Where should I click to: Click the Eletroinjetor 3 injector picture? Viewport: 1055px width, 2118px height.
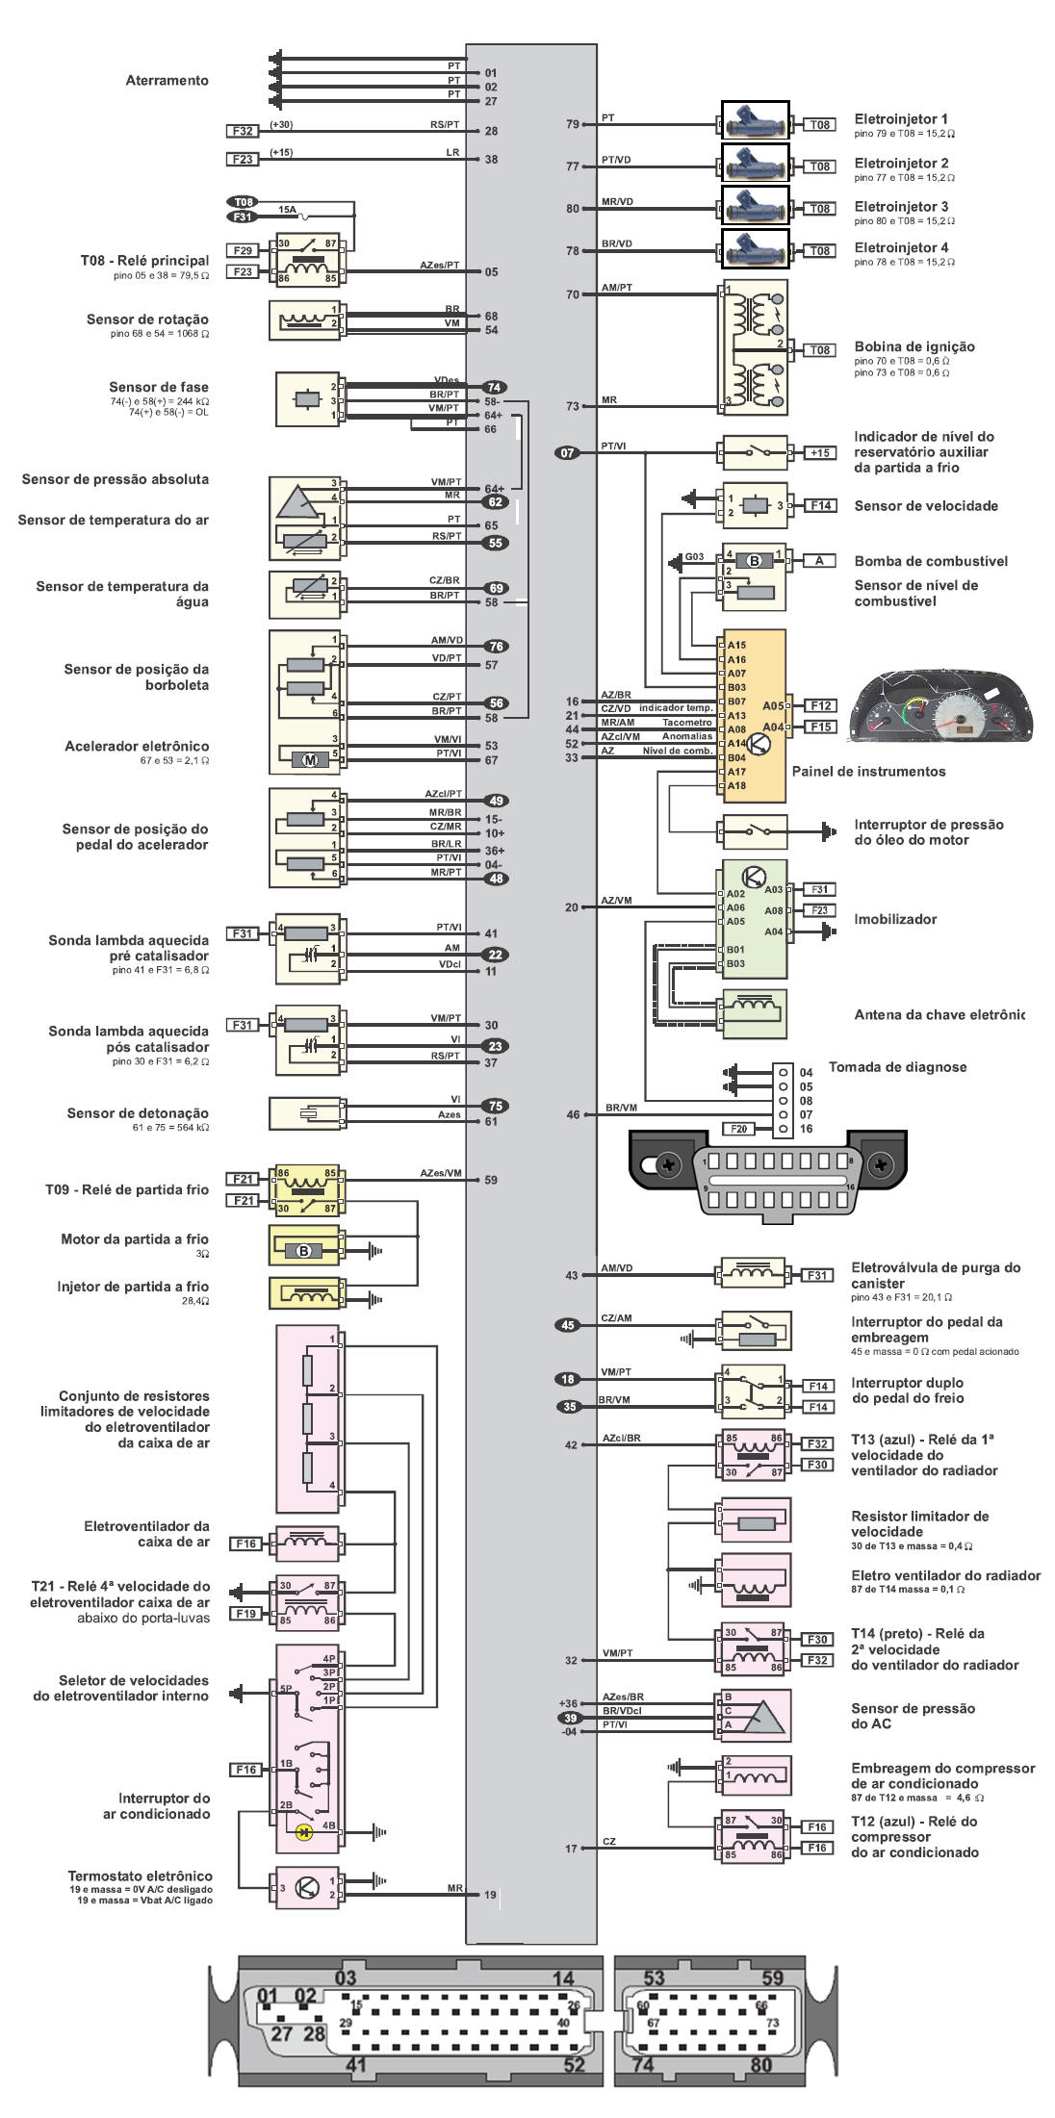pyautogui.click(x=756, y=206)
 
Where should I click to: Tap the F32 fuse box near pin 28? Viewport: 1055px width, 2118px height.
pyautogui.click(x=243, y=131)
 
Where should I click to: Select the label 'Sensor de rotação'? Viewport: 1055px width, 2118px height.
pyautogui.click(x=147, y=319)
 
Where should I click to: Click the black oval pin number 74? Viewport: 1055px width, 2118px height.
pyautogui.click(x=495, y=387)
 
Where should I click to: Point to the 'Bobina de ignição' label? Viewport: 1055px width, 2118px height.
pyautogui.click(x=913, y=346)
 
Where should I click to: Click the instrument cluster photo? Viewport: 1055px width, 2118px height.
pyautogui.click(x=940, y=708)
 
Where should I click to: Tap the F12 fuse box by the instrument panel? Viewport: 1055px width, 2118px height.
pyautogui.click(x=820, y=705)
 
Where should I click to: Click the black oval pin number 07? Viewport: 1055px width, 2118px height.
pyautogui.click(x=568, y=452)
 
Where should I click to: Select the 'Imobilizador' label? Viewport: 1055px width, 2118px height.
pyautogui.click(x=895, y=919)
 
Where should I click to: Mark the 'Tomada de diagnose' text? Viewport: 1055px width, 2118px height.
pyautogui.click(x=897, y=1066)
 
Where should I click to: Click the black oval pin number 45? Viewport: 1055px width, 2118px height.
pyautogui.click(x=568, y=1325)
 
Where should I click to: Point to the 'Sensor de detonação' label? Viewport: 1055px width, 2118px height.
pyautogui.click(x=138, y=1113)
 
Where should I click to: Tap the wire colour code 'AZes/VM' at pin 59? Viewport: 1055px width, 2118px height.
pyautogui.click(x=441, y=1173)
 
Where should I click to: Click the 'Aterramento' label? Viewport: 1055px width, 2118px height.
pyautogui.click(x=167, y=81)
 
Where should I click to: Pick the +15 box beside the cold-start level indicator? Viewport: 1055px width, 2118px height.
pyautogui.click(x=820, y=452)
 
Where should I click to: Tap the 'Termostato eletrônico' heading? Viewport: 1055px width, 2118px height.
pyautogui.click(x=140, y=1876)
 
